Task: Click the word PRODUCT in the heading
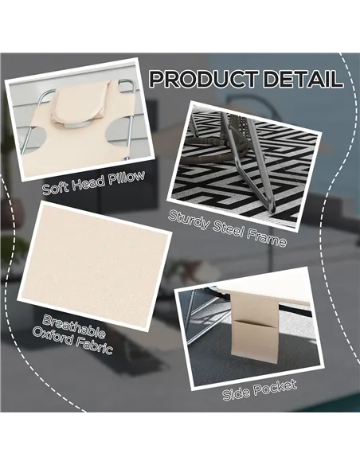tap(203, 79)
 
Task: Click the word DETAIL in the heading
tap(303, 79)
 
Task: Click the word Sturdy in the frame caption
tap(189, 221)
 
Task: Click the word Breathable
tap(73, 326)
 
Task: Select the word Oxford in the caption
tap(53, 335)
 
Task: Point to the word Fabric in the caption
tap(94, 346)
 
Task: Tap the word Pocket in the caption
tap(275, 387)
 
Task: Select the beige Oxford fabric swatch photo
tap(94, 266)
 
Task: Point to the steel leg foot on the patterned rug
tap(270, 211)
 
